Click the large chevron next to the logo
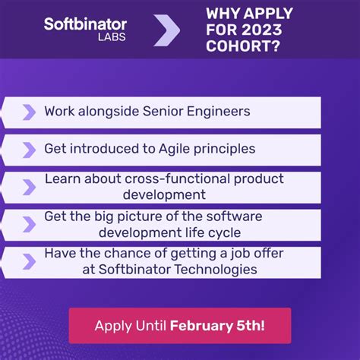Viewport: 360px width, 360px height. coord(166,30)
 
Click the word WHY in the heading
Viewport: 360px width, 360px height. coord(225,13)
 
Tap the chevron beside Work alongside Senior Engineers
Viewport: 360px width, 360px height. coord(29,112)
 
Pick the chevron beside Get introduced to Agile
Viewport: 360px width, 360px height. coord(29,150)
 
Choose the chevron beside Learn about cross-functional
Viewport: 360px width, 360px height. coord(29,187)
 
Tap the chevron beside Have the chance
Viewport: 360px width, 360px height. coord(29,261)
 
